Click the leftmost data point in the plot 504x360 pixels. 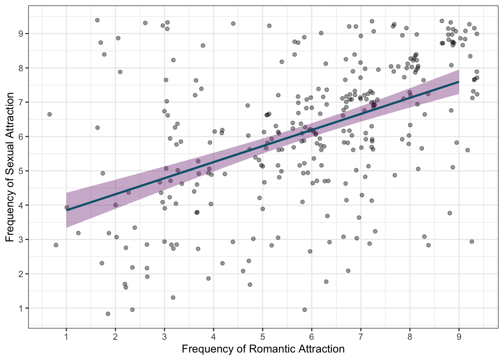click(x=49, y=114)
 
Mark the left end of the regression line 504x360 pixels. click(x=67, y=210)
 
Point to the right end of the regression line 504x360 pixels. click(x=459, y=81)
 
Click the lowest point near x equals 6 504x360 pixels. click(x=304, y=309)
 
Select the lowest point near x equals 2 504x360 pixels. click(x=108, y=313)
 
